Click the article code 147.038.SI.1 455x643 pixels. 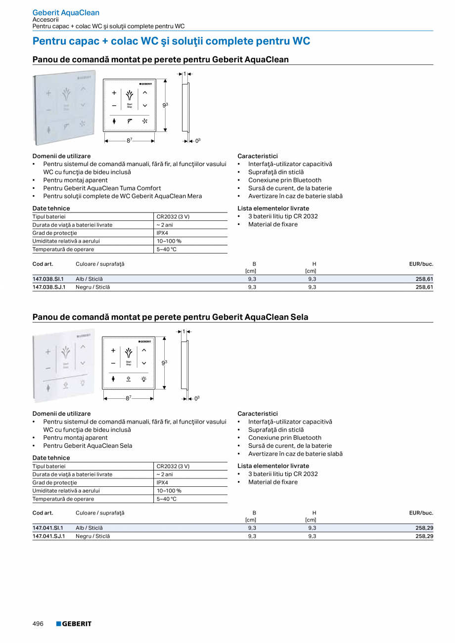(x=48, y=279)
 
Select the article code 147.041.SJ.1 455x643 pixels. (x=49, y=536)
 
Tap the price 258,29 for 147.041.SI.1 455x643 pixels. (x=424, y=528)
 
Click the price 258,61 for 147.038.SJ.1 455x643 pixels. (x=424, y=287)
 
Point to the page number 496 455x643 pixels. (x=38, y=624)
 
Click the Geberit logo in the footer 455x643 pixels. (x=74, y=624)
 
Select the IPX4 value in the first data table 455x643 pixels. (x=162, y=233)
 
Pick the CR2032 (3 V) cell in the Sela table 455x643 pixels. (x=173, y=466)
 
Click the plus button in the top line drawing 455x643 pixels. (x=114, y=92)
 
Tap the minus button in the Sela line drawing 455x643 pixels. (x=113, y=363)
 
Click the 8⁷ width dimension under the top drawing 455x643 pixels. (x=129, y=140)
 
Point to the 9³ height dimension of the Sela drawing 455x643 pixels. (x=165, y=363)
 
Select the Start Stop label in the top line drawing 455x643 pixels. (x=130, y=105)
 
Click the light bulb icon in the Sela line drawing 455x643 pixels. (x=144, y=379)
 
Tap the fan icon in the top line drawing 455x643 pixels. (x=145, y=121)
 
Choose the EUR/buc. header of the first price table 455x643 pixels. (x=421, y=264)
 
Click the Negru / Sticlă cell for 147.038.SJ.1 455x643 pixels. (x=92, y=287)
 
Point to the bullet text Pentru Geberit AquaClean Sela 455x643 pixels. (x=88, y=445)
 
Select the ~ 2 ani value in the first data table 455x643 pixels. (x=165, y=225)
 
